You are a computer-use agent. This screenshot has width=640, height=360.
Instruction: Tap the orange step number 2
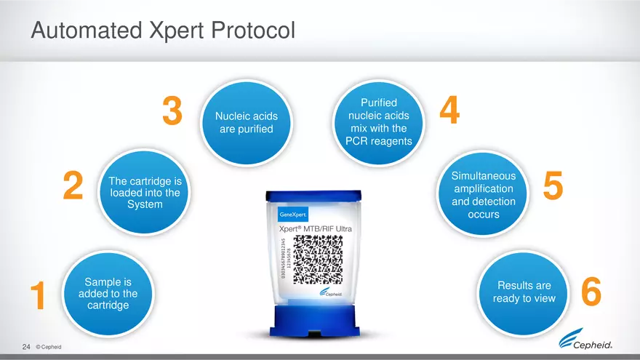(72, 185)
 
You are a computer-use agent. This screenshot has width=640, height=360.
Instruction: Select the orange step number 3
(172, 112)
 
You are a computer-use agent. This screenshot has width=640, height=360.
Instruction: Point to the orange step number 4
(450, 112)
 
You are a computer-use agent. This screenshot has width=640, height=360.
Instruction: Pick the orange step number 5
(553, 186)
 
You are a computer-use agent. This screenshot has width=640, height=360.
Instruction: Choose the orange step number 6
(591, 294)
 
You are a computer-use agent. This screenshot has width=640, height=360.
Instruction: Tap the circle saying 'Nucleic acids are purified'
(246, 122)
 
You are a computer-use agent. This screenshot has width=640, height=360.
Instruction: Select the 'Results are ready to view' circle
(524, 292)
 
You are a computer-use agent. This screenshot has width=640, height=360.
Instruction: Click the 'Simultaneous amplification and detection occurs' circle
(483, 195)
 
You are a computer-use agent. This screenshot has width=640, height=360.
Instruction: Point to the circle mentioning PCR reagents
(378, 121)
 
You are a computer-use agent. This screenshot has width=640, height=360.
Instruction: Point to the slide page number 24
(26, 347)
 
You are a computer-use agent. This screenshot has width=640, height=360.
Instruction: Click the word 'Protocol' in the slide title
(254, 31)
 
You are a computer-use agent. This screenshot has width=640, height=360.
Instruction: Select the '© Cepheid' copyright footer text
(48, 348)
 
